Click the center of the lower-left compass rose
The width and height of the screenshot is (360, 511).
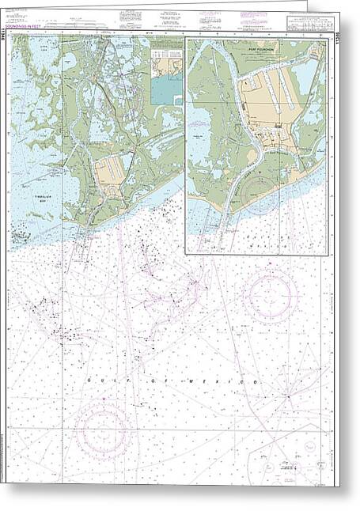[x=101, y=430]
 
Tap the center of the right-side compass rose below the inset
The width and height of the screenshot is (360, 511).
[x=270, y=296]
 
